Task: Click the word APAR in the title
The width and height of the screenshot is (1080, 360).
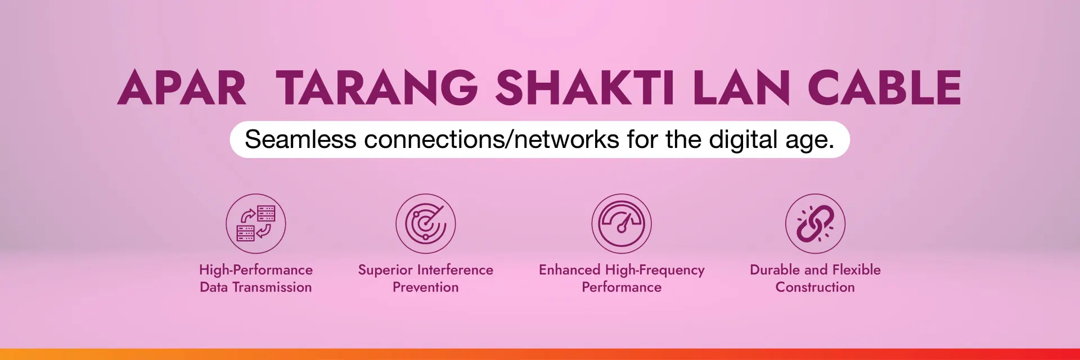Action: pyautogui.click(x=182, y=88)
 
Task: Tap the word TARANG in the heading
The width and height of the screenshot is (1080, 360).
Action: pyautogui.click(x=377, y=88)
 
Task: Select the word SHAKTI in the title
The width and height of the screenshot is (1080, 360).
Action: pyautogui.click(x=586, y=88)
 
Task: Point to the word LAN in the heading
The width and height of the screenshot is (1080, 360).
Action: pyautogui.click(x=741, y=88)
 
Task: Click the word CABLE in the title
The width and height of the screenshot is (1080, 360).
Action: pyautogui.click(x=884, y=88)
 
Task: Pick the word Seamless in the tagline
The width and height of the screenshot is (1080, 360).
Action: pyautogui.click(x=300, y=139)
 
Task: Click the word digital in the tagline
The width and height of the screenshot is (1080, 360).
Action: pyautogui.click(x=744, y=139)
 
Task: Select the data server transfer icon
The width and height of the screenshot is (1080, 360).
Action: pyautogui.click(x=256, y=223)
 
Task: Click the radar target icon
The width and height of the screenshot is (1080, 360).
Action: pyautogui.click(x=426, y=223)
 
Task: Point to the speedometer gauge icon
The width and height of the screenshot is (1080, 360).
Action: pyautogui.click(x=622, y=223)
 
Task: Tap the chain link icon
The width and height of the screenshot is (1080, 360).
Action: pyautogui.click(x=815, y=223)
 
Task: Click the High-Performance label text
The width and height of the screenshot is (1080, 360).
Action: pyautogui.click(x=256, y=270)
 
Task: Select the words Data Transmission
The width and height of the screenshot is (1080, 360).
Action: pyautogui.click(x=256, y=287)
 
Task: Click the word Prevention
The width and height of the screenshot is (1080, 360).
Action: pyautogui.click(x=426, y=287)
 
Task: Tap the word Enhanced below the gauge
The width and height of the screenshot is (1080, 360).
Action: pyautogui.click(x=569, y=270)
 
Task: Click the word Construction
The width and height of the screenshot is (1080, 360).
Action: pyautogui.click(x=815, y=287)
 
